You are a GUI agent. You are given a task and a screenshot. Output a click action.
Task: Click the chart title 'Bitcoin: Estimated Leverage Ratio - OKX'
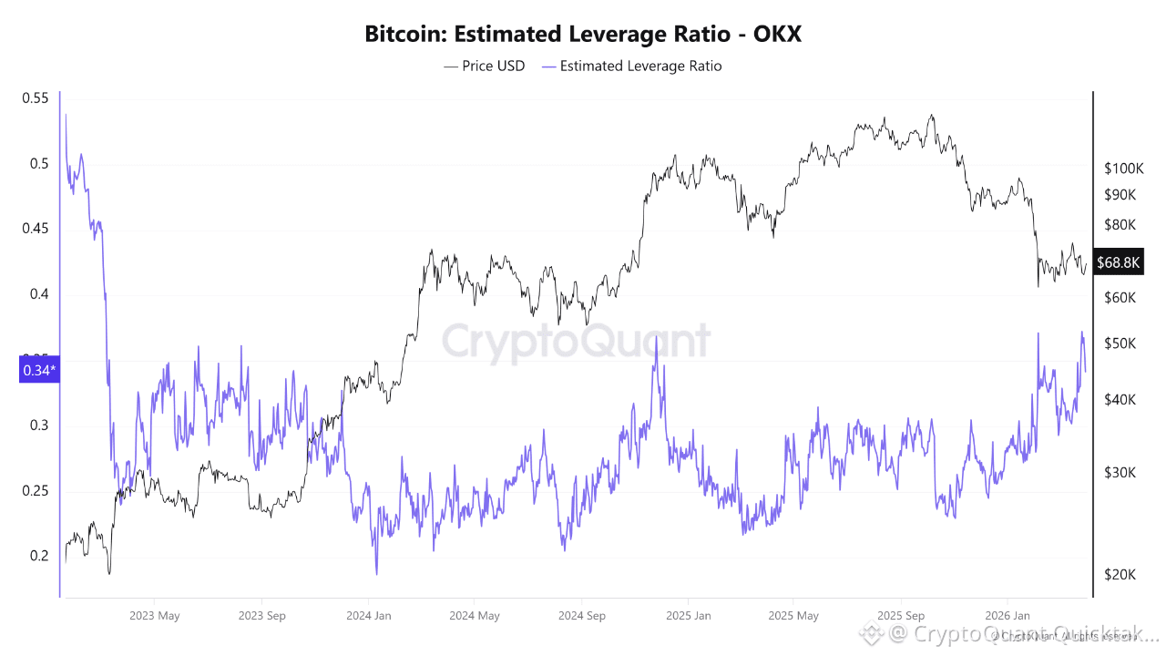tap(583, 35)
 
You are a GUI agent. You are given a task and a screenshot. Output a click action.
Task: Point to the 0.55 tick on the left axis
tap(35, 98)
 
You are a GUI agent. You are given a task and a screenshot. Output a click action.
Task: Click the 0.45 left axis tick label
tap(35, 229)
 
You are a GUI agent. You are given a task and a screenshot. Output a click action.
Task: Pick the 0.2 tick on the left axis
tap(38, 556)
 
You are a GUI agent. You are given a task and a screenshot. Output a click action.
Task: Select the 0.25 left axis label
tap(35, 491)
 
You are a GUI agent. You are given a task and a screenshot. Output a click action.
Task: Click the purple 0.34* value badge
tap(39, 370)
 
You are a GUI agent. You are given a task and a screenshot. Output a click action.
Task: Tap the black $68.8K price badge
tap(1118, 262)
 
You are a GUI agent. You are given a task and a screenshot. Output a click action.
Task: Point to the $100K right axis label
tap(1123, 169)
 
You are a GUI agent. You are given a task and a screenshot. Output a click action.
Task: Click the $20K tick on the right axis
tap(1120, 574)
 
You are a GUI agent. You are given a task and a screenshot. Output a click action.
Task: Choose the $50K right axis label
tap(1120, 343)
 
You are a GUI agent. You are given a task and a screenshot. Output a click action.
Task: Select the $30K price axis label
tap(1120, 472)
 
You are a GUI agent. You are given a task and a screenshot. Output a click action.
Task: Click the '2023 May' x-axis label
tap(155, 616)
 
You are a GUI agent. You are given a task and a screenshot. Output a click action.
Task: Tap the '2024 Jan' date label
tap(368, 616)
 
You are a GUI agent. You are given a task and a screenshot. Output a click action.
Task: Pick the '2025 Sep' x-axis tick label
tap(900, 616)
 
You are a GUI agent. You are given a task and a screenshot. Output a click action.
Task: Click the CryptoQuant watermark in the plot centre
tap(576, 342)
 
